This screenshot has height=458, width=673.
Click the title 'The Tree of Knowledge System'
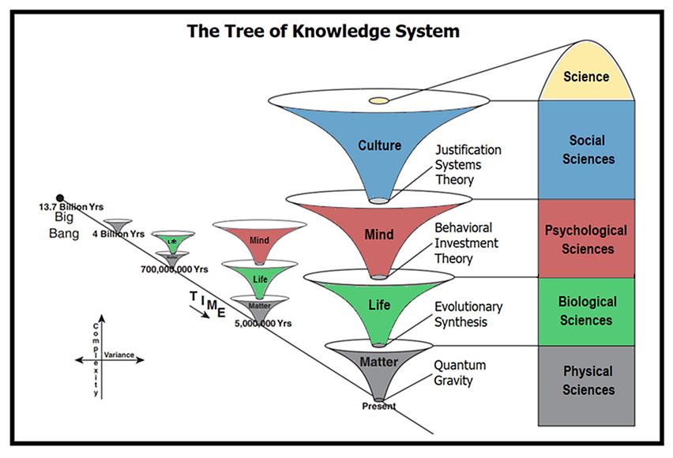[323, 32]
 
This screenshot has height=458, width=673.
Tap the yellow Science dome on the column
[586, 77]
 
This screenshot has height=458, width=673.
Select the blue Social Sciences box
[586, 149]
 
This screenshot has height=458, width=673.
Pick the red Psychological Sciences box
[586, 239]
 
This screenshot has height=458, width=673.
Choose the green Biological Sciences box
[586, 310]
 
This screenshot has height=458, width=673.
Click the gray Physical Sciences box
[586, 381]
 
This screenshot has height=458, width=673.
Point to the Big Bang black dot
[59, 198]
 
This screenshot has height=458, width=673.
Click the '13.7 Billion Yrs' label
[72, 208]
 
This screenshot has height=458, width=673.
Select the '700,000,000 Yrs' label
[174, 269]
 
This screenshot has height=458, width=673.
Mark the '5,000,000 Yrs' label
[264, 322]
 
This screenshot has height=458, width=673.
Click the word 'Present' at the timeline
[378, 406]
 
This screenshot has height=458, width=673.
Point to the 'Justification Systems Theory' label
[468, 164]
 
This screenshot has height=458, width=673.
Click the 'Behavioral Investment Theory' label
[467, 242]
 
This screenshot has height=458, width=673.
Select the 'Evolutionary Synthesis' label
[468, 314]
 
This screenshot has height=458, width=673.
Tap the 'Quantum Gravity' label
[459, 373]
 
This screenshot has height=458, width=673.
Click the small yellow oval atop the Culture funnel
[379, 100]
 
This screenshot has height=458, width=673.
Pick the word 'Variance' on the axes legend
[118, 355]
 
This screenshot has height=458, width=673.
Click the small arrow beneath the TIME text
[201, 313]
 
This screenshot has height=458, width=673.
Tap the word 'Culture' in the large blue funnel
[379, 145]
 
